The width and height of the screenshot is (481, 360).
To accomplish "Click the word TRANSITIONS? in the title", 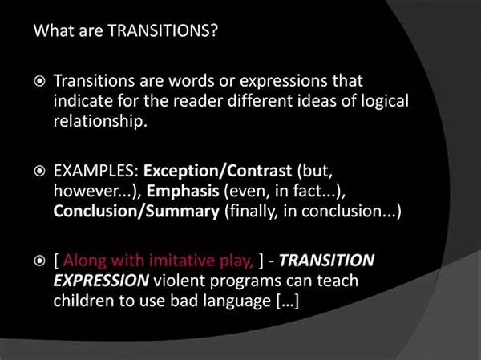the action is coord(163,30).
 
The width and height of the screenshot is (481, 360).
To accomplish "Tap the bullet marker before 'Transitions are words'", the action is coord(39,82).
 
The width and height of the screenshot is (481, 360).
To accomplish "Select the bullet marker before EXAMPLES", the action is coord(39,172).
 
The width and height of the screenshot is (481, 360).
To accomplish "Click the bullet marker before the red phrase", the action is coord(39,261).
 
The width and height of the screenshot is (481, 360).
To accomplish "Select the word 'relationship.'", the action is coord(100,121).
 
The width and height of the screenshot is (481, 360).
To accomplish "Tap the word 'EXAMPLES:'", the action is coord(96,171).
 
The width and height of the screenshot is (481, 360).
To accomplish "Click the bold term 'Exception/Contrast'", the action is coord(217,171).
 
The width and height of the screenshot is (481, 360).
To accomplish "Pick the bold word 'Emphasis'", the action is coord(183,191).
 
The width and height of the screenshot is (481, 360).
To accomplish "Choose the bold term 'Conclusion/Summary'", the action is coord(136,212).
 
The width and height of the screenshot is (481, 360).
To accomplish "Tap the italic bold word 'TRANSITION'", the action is coord(326,261).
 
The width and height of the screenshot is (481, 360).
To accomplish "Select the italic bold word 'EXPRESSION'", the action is coord(101,281).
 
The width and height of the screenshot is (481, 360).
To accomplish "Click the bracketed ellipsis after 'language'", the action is coord(287,301).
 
